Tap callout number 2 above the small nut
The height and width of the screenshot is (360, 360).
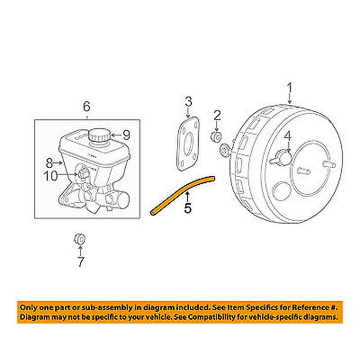tap(217, 114)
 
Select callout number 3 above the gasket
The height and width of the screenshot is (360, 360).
tap(188, 103)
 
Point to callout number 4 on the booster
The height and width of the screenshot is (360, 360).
tap(288, 138)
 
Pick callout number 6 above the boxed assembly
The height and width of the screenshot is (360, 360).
tap(86, 106)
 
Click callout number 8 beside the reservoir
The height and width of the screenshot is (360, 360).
tap(49, 161)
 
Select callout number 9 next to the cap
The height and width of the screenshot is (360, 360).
tap(125, 135)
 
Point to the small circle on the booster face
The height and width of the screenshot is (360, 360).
tap(282, 191)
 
